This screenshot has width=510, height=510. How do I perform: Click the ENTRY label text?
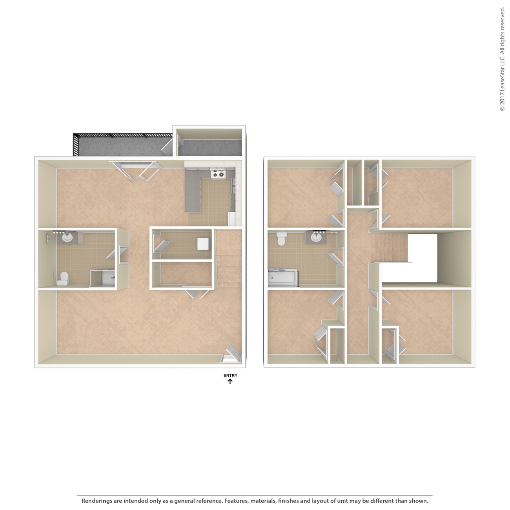230,375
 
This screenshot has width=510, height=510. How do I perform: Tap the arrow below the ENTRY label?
230,381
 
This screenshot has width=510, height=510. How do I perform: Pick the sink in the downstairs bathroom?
67,237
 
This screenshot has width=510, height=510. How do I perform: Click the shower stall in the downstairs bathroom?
102,279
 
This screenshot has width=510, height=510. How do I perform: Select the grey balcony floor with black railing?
122,145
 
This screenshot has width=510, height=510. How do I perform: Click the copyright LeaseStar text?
502,59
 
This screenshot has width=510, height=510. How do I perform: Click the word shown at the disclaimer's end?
419,501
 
